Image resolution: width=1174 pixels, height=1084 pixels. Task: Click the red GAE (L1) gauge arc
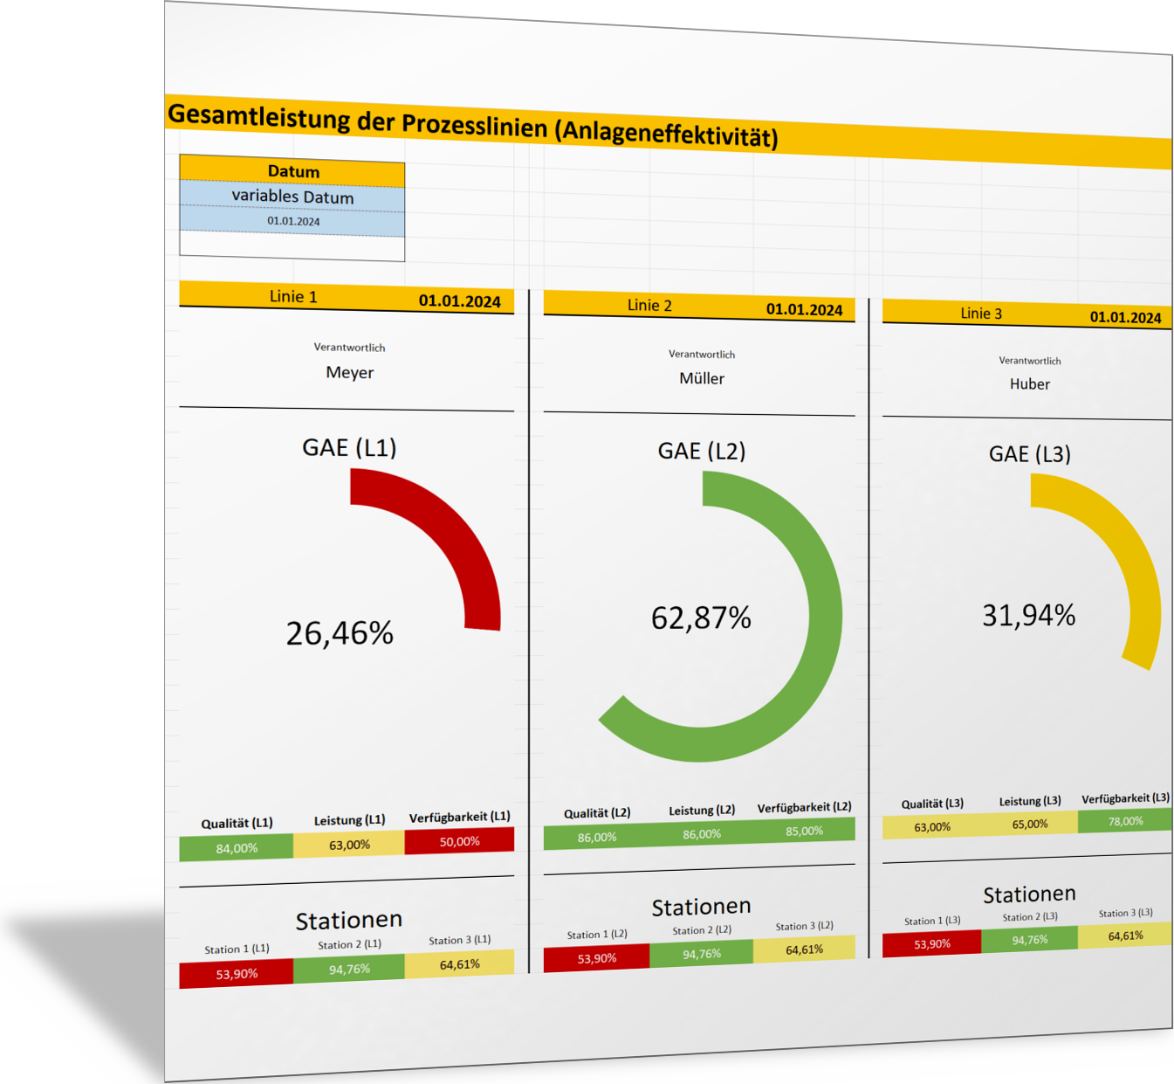pyautogui.click(x=454, y=533)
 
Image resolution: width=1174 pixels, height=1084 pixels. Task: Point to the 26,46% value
pyautogui.click(x=340, y=633)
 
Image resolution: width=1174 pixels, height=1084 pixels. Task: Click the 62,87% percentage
pyautogui.click(x=701, y=618)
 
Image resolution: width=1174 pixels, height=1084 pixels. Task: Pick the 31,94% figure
pyautogui.click(x=1028, y=616)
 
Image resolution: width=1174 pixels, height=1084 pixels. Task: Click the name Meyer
pyautogui.click(x=349, y=373)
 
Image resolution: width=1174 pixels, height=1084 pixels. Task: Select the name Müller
pyautogui.click(x=702, y=378)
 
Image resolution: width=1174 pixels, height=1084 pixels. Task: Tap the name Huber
pyautogui.click(x=1029, y=384)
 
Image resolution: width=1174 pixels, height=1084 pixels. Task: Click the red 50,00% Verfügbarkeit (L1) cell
pyautogui.click(x=459, y=841)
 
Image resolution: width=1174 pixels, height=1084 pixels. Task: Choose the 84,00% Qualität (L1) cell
pyautogui.click(x=237, y=848)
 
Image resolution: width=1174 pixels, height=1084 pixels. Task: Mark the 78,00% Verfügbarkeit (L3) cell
pyautogui.click(x=1125, y=821)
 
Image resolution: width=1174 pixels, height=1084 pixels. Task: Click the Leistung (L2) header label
pyautogui.click(x=702, y=811)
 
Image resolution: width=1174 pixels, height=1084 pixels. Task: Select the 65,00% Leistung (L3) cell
pyautogui.click(x=1030, y=825)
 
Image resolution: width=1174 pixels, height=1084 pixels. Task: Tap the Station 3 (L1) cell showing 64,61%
pyautogui.click(x=459, y=964)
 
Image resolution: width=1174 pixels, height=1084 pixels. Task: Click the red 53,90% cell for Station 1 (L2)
pyautogui.click(x=596, y=958)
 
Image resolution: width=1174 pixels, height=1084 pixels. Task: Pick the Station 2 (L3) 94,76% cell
pyautogui.click(x=1030, y=940)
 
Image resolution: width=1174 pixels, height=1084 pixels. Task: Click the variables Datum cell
pyautogui.click(x=292, y=197)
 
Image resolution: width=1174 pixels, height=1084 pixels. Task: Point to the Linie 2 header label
pyautogui.click(x=649, y=305)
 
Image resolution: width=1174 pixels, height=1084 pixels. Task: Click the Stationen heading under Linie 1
pyautogui.click(x=348, y=920)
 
